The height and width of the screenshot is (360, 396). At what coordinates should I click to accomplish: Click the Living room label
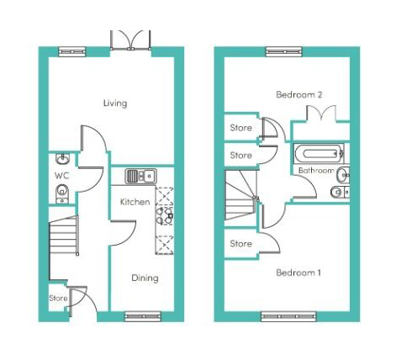(115, 103)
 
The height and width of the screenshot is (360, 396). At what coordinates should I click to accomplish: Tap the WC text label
(61, 176)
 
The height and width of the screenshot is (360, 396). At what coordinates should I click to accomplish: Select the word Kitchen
(135, 202)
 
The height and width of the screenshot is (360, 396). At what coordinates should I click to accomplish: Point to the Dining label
(144, 278)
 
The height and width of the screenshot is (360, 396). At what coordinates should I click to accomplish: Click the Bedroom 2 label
(299, 95)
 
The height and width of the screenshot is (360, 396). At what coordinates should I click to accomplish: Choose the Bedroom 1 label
(298, 273)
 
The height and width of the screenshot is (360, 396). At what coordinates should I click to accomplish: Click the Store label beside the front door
(57, 298)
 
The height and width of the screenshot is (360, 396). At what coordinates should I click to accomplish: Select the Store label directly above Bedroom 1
(241, 244)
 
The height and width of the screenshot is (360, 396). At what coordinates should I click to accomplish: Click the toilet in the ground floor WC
(61, 194)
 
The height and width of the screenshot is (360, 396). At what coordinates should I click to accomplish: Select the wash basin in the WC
(61, 158)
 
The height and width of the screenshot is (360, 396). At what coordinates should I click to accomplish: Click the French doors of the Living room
(129, 40)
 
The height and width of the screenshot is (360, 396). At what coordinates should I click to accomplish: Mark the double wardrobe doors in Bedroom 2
(321, 114)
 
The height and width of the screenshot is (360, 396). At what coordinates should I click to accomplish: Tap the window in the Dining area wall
(142, 316)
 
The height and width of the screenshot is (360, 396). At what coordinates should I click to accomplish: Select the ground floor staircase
(64, 238)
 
